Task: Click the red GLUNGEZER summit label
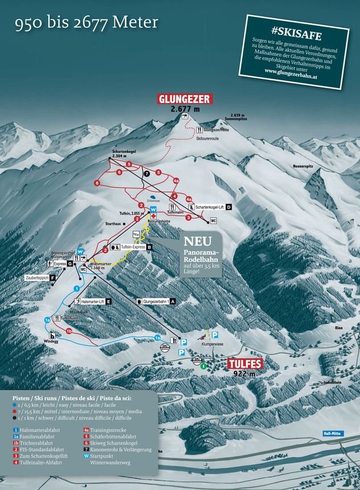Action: click(x=186, y=99)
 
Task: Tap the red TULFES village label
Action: click(x=245, y=364)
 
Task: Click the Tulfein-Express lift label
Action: click(x=132, y=247)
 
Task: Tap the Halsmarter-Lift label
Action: click(x=92, y=301)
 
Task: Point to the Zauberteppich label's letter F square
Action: click(x=52, y=277)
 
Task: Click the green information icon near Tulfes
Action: click(x=204, y=366)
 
